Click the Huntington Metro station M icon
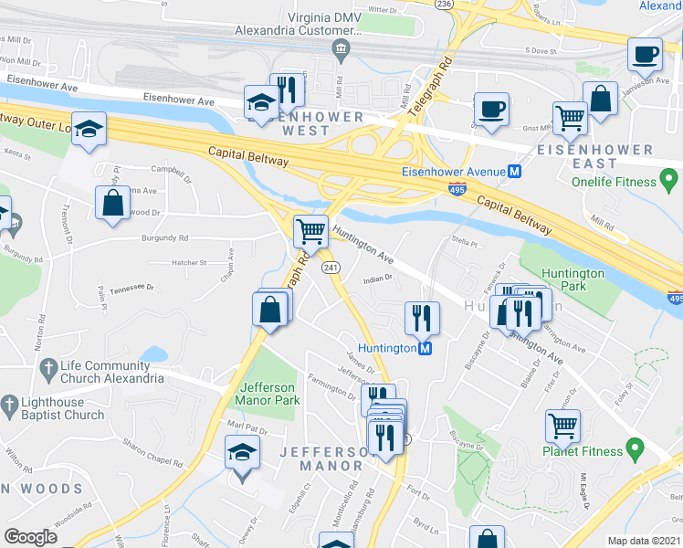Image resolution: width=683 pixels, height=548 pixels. [425, 348]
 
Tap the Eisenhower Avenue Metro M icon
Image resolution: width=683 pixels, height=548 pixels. [515, 171]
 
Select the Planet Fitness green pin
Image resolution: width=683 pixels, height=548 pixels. [633, 449]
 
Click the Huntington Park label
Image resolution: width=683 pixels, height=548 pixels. [573, 279]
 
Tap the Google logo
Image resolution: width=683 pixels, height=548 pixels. [30, 537]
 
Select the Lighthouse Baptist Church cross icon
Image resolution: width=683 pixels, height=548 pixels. [9, 403]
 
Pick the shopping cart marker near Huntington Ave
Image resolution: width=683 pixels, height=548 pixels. [310, 231]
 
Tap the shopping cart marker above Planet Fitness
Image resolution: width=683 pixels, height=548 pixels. [562, 426]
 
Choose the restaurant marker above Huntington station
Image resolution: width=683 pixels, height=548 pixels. [422, 317]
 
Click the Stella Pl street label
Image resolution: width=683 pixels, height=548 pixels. [464, 242]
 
